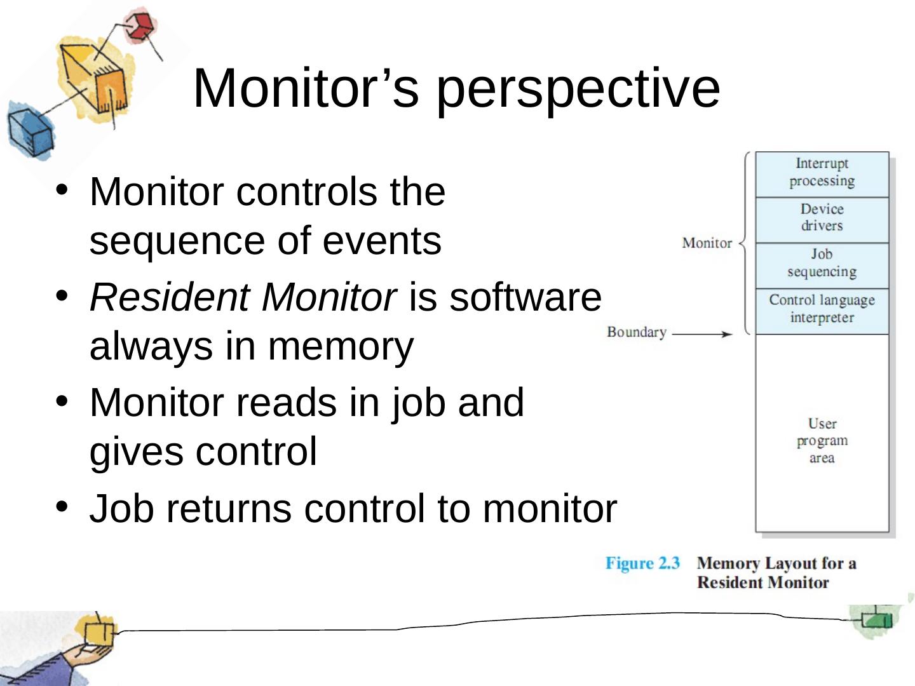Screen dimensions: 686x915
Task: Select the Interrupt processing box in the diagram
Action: pyautogui.click(x=822, y=173)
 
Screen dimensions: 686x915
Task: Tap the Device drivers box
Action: pyautogui.click(x=822, y=218)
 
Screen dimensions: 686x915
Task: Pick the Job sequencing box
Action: pyautogui.click(x=822, y=264)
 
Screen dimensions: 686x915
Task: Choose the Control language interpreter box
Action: pyautogui.click(x=822, y=309)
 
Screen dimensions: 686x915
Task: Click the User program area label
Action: pyautogui.click(x=822, y=441)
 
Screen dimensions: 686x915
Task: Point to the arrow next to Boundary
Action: pyautogui.click(x=703, y=333)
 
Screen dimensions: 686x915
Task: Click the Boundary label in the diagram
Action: pyautogui.click(x=636, y=332)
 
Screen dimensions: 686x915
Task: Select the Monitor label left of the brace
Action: pyautogui.click(x=707, y=243)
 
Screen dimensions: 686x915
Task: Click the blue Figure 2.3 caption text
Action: pyautogui.click(x=642, y=563)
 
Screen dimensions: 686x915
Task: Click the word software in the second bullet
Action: pyautogui.click(x=525, y=297)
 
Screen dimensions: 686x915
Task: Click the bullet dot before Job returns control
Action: pyautogui.click(x=62, y=507)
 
